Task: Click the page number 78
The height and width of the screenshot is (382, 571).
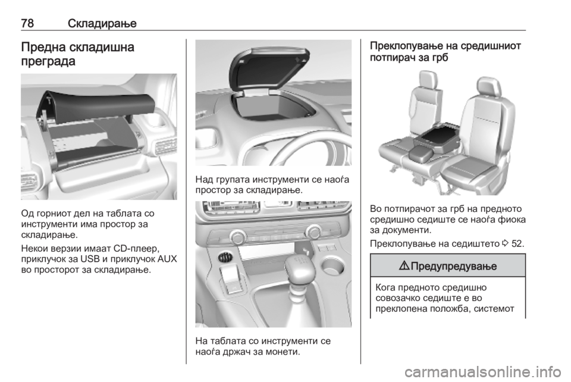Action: click(x=28, y=23)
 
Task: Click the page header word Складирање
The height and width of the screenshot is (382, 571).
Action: click(x=102, y=24)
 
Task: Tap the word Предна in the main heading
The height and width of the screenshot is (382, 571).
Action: click(x=43, y=48)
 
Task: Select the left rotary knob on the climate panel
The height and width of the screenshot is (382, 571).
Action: click(x=237, y=237)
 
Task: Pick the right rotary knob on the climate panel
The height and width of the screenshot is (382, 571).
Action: click(x=313, y=232)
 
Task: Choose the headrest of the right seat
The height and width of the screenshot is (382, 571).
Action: click(x=489, y=87)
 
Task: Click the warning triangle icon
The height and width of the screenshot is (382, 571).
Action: click(x=404, y=266)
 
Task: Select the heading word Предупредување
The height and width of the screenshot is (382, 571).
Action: click(x=454, y=266)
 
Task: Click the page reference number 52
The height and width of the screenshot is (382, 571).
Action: click(x=517, y=243)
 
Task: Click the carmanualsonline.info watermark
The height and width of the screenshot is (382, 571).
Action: click(x=483, y=372)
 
